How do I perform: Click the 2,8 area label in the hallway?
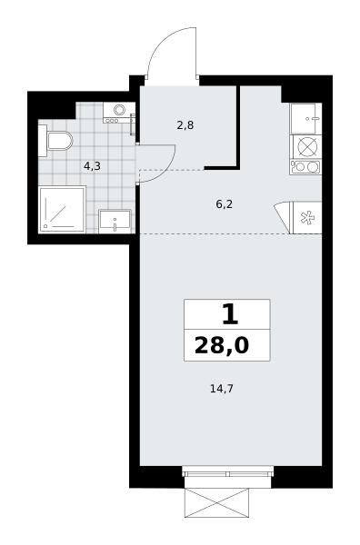[x=185, y=125]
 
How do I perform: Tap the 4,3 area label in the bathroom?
[x=92, y=166]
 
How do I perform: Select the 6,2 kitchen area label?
[x=224, y=204]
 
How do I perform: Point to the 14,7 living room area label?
[x=222, y=388]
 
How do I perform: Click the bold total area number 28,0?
[x=222, y=345]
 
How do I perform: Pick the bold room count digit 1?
[x=230, y=315]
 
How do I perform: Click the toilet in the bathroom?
[x=55, y=141]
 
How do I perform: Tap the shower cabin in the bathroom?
[x=62, y=209]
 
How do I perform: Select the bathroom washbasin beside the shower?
[x=115, y=221]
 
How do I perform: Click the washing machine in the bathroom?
[x=118, y=113]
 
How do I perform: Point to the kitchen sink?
[x=306, y=118]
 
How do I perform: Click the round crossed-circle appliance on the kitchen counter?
[x=306, y=146]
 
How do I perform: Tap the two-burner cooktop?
[x=305, y=167]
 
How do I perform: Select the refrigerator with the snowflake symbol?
[x=307, y=218]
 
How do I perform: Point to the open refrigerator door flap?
[x=283, y=216]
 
